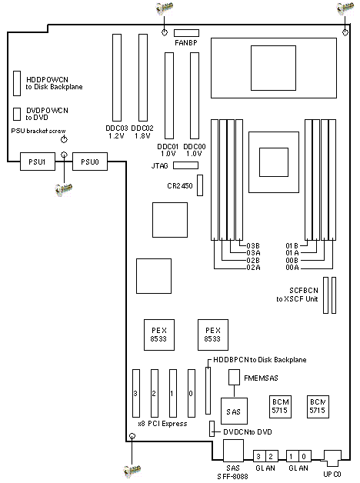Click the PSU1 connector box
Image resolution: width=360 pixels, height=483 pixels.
pyautogui.click(x=38, y=162)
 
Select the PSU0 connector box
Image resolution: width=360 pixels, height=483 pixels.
pyautogui.click(x=90, y=162)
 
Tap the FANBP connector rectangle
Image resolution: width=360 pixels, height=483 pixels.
pyautogui.click(x=186, y=33)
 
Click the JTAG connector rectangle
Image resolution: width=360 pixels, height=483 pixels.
pyautogui.click(x=185, y=165)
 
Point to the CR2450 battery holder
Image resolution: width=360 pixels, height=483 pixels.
pyautogui.click(x=200, y=185)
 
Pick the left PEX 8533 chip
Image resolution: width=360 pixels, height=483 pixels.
pyautogui.click(x=159, y=335)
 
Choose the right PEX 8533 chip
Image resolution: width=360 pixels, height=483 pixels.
pyautogui.click(x=213, y=335)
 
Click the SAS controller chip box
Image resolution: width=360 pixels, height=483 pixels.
pyautogui.click(x=234, y=411)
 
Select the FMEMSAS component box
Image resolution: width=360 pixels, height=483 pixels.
pyautogui.click(x=234, y=378)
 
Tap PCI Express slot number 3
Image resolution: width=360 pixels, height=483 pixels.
pyautogui.click(x=136, y=393)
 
